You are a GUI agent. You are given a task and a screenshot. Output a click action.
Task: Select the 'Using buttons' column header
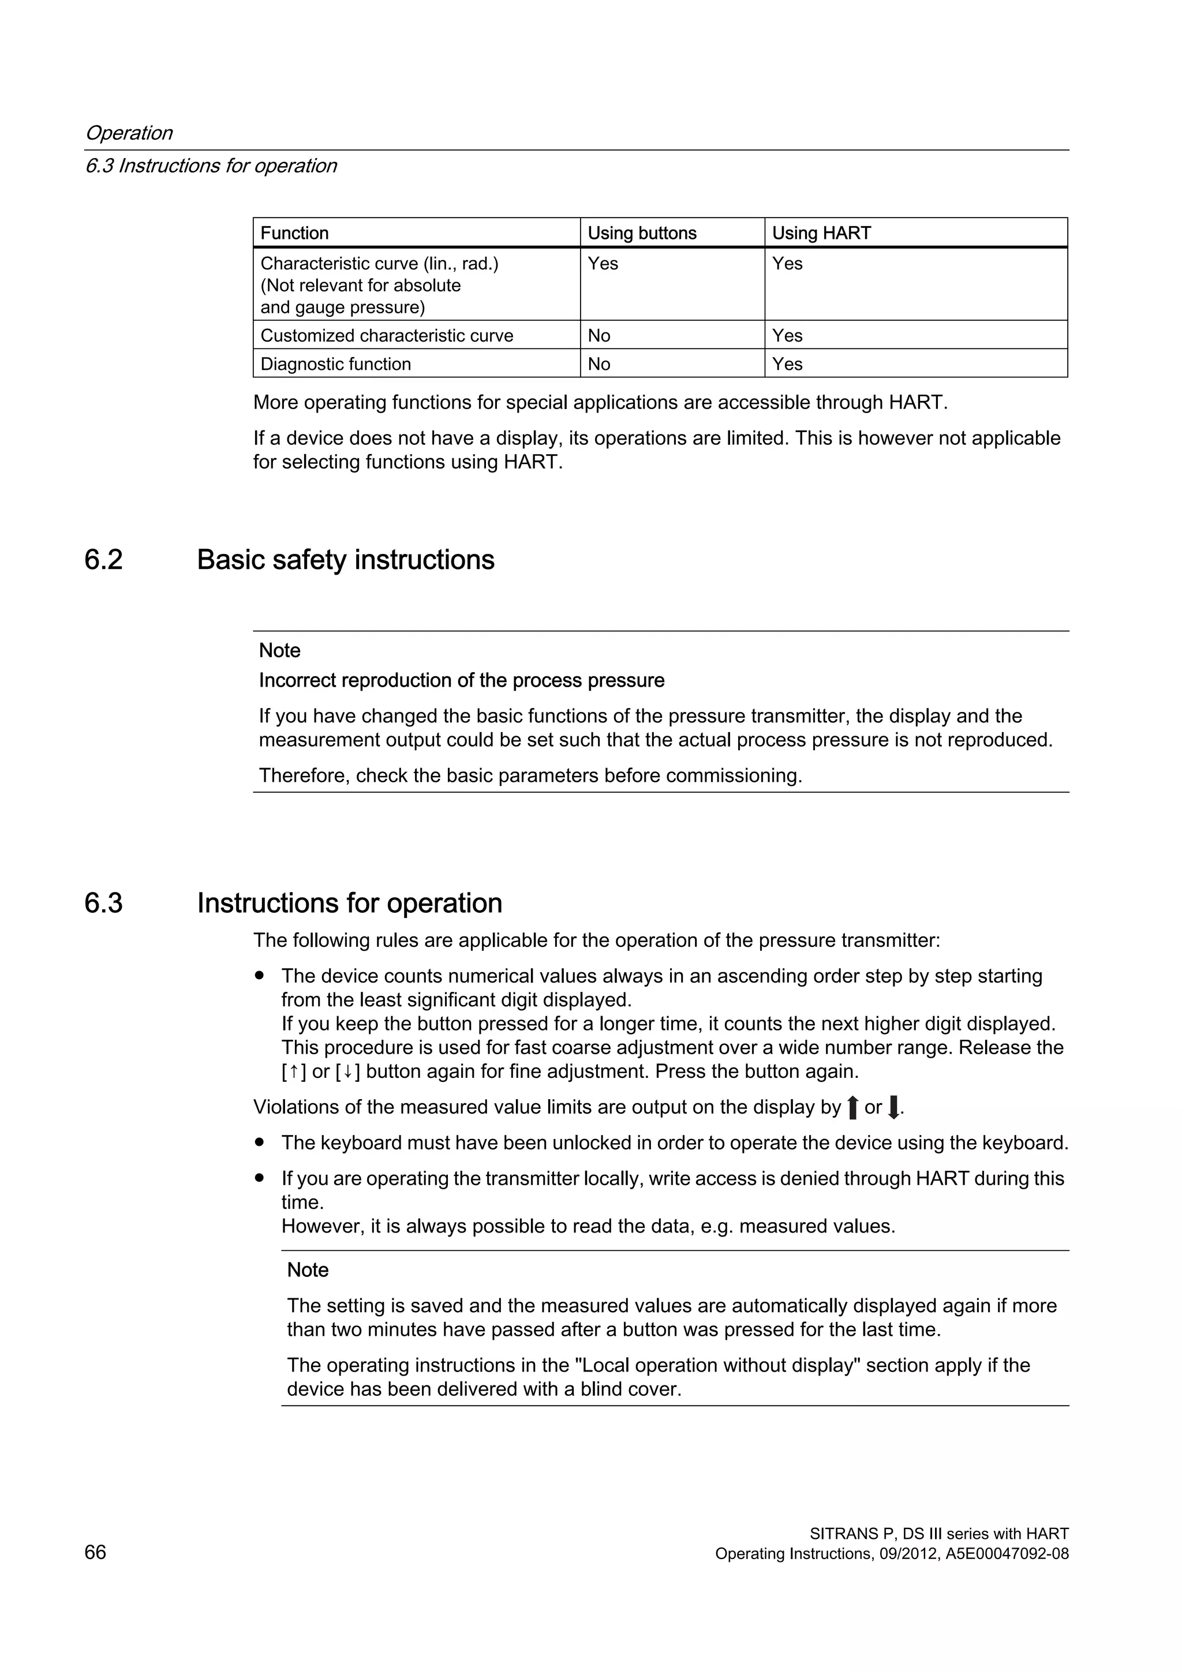click(x=641, y=233)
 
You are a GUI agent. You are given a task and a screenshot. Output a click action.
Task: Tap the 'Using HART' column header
click(x=821, y=233)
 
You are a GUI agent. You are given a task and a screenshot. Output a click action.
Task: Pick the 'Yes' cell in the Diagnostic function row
click(x=787, y=364)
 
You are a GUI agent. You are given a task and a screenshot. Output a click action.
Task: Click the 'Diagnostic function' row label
click(x=335, y=364)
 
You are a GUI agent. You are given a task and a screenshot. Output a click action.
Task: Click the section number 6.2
click(x=103, y=560)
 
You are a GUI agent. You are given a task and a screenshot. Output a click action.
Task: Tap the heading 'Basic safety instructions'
click(x=345, y=560)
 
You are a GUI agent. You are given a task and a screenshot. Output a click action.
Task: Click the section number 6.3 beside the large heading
click(x=103, y=903)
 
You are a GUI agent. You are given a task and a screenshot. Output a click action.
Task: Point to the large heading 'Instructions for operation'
click(x=349, y=903)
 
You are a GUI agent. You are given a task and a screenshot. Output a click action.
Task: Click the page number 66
click(x=95, y=1552)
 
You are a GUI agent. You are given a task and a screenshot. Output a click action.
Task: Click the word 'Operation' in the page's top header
click(x=129, y=133)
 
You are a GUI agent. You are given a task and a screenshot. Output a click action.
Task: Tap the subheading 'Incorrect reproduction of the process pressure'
click(x=462, y=680)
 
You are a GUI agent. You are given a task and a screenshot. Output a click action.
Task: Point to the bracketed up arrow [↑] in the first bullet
click(x=293, y=1072)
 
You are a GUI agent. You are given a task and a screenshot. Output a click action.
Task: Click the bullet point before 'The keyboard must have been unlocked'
click(x=259, y=1142)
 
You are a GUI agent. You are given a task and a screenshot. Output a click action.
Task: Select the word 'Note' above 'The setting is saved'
click(x=307, y=1270)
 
